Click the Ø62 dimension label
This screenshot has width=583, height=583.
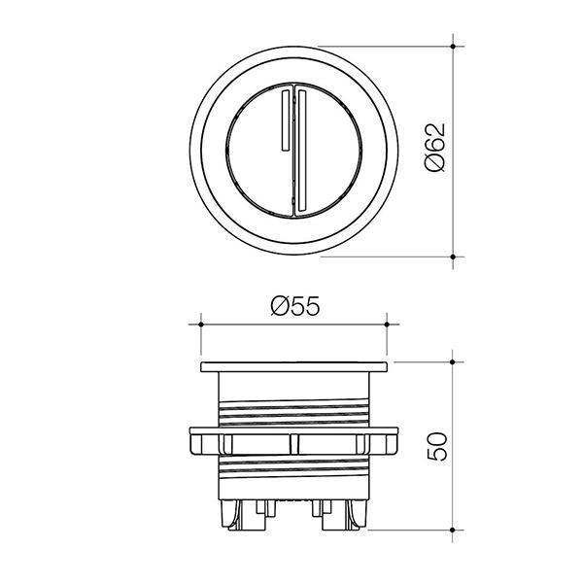tap(435, 147)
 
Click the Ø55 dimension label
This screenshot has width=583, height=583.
tap(295, 306)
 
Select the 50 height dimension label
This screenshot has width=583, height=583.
tap(437, 447)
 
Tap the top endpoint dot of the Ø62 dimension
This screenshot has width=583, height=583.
tap(453, 46)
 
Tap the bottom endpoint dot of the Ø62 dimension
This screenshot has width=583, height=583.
tap(453, 257)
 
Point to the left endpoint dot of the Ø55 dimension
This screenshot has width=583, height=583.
tap(201, 325)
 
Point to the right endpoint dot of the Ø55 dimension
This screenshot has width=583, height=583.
tap(387, 325)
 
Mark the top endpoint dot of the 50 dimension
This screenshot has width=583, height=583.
tap(453, 361)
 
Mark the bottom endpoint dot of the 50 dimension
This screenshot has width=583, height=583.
tap(453, 530)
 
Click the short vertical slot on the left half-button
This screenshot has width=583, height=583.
tap(285, 120)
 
